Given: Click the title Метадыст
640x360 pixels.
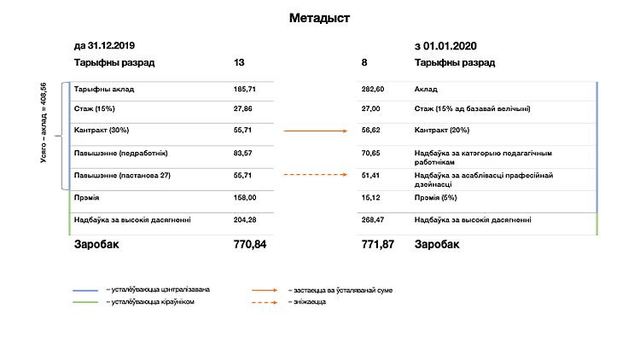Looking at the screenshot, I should pos(319,17).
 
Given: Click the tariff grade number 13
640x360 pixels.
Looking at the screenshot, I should pos(239,63).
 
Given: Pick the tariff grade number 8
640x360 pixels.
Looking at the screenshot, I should pos(364,63).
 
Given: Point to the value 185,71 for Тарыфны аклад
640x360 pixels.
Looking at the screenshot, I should pos(244,89).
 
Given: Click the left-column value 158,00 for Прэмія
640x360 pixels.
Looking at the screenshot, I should pos(244,198).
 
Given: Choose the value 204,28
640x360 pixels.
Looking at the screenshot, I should pos(244,220).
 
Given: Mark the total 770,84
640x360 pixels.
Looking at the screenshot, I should pos(250,245).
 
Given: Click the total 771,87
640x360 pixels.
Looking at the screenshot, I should pos(379,245).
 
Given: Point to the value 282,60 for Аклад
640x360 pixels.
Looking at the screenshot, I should pos(374,89).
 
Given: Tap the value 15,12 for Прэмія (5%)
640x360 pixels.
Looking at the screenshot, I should pos(372,198).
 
